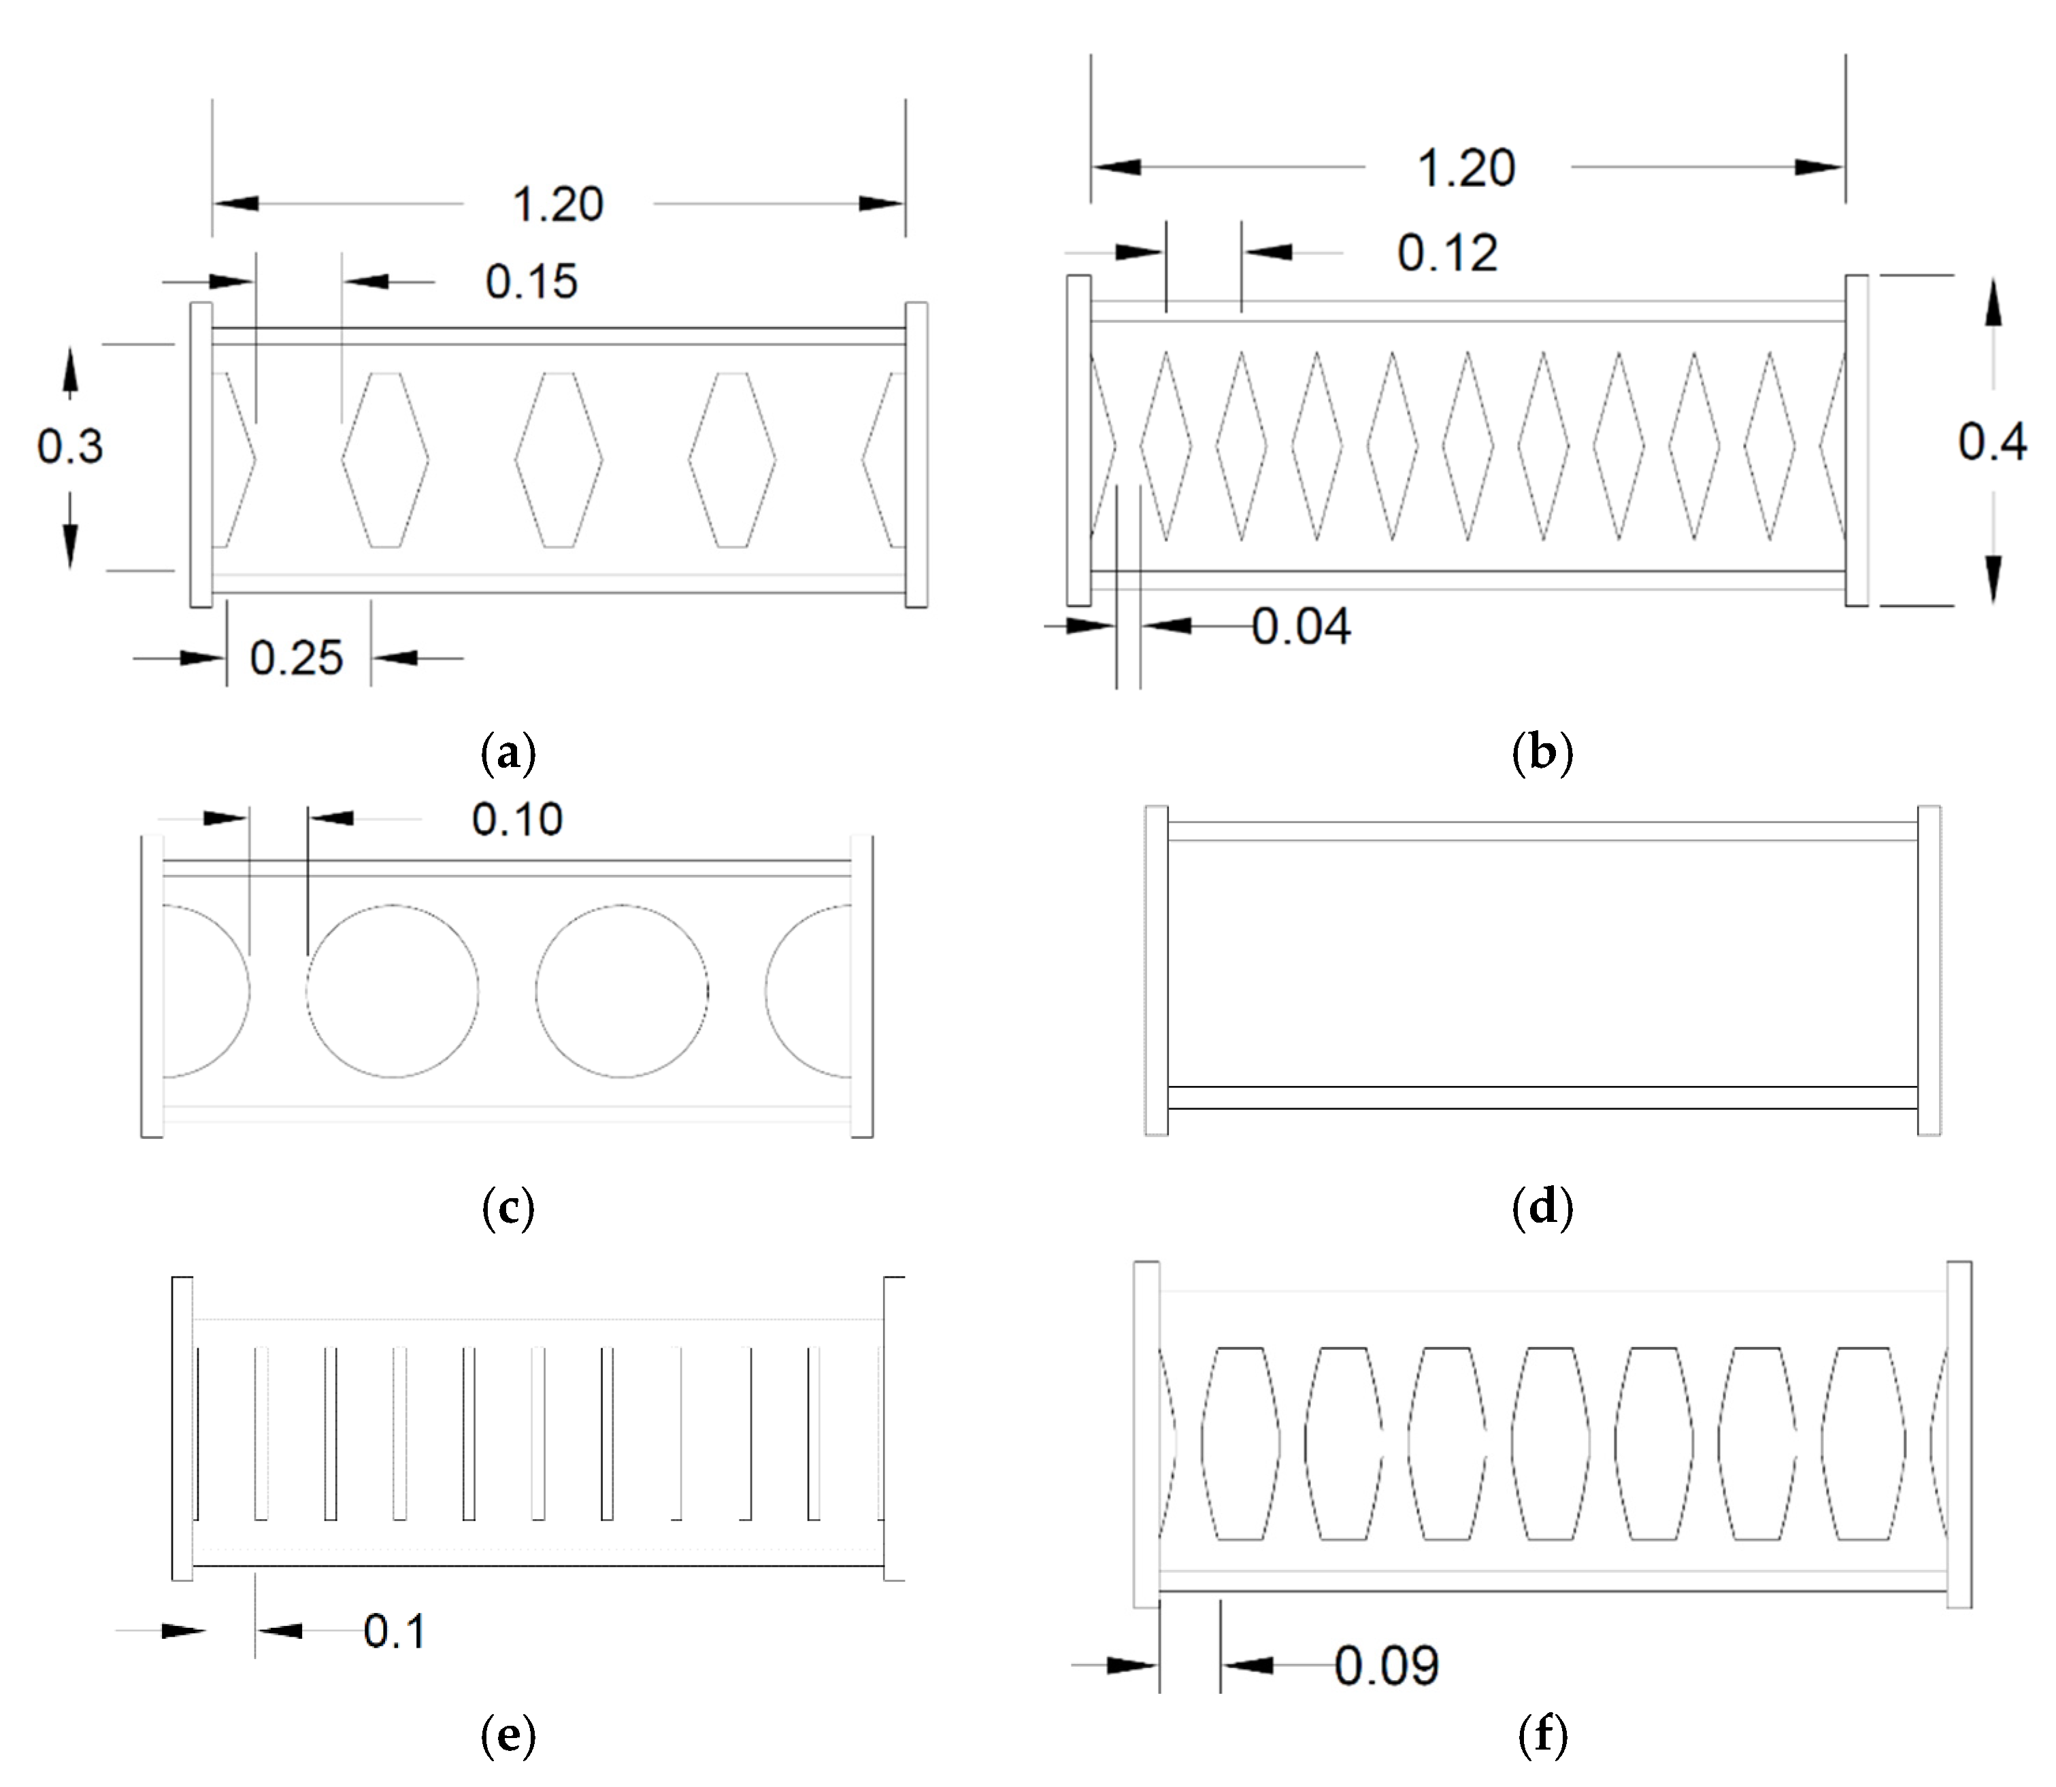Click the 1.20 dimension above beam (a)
(x=558, y=205)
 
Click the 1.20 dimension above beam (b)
(x=1465, y=167)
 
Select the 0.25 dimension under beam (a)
(x=296, y=658)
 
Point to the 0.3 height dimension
(x=70, y=446)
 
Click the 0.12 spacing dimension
(x=1446, y=253)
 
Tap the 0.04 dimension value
(x=1301, y=627)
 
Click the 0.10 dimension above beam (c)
(x=517, y=819)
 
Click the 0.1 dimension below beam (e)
(x=394, y=1631)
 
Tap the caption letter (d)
(x=1542, y=1208)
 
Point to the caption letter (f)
(x=1542, y=1736)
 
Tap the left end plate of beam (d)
(x=1156, y=970)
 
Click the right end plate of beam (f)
(x=1959, y=1434)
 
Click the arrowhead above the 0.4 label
(x=1992, y=304)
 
